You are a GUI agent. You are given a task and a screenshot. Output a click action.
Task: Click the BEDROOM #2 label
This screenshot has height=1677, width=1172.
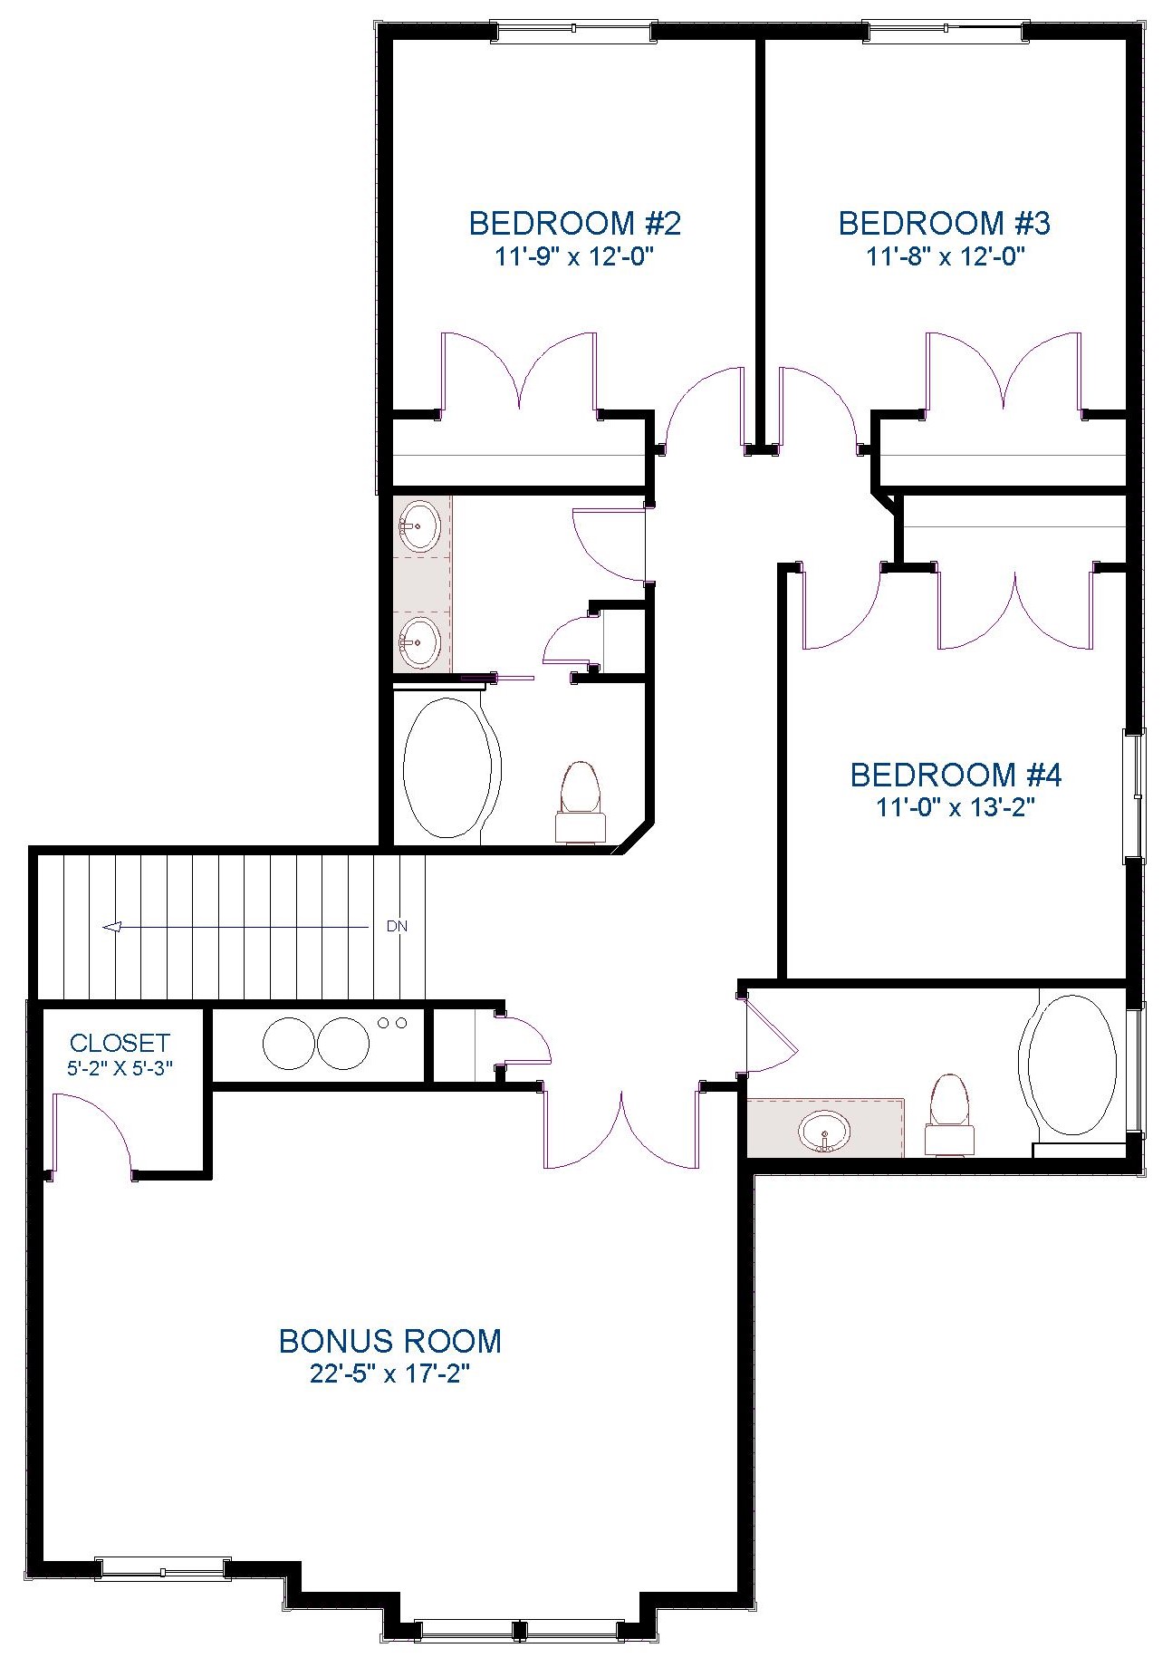point(574,223)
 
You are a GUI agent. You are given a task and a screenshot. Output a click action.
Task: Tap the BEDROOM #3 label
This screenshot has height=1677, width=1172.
point(944,223)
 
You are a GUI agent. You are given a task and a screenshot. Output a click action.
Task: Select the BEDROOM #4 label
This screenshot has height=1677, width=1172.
point(956,775)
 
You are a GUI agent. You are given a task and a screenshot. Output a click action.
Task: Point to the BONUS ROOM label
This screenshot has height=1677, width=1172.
point(389,1340)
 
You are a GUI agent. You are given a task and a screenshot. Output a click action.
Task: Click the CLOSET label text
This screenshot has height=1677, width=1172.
point(120,1043)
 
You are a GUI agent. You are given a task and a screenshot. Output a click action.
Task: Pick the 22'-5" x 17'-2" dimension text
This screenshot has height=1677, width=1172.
point(390,1374)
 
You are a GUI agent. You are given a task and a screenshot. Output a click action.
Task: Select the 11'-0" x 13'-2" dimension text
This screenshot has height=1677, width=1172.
point(956,807)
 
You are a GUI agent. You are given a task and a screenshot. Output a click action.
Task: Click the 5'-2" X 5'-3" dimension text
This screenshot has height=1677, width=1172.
point(120,1068)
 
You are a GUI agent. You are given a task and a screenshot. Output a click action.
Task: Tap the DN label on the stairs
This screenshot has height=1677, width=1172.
point(397,926)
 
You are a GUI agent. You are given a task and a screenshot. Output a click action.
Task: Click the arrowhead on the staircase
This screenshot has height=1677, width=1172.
point(112,927)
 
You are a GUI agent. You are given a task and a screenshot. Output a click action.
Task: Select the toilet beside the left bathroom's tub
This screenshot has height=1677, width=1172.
point(580,801)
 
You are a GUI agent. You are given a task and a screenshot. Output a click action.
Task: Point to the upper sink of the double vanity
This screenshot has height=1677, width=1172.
point(420,525)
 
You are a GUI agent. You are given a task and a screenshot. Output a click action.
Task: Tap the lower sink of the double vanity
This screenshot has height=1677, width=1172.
point(420,642)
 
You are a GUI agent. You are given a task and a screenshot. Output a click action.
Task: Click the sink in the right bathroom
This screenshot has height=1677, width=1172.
point(824,1132)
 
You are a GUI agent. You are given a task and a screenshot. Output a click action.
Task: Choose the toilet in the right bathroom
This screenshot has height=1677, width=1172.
point(948,1115)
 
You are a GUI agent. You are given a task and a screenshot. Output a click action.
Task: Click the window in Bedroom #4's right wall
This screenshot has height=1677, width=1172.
point(1132,795)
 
